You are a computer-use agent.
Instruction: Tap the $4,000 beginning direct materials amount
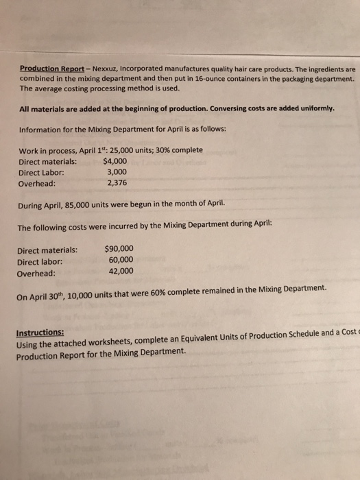pos(114,161)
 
